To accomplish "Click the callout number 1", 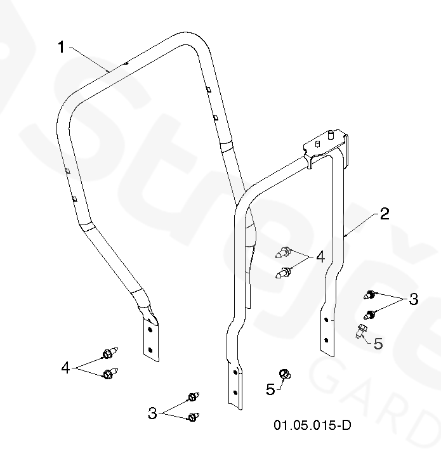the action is [61, 47].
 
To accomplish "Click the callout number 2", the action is [384, 213].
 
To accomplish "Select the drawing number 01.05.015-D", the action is [312, 425].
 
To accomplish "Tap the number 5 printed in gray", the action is [378, 343].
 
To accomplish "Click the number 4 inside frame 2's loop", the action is [320, 257].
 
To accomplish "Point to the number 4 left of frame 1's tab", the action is [65, 367].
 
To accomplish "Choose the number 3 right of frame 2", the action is [413, 299].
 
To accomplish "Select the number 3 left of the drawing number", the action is [152, 413].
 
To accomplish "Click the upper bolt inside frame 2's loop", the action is [284, 253].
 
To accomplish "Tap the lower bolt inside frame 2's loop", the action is [284, 273].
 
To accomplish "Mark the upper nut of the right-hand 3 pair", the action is [369, 294].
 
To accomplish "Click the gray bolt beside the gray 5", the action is [360, 331].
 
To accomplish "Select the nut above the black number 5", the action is [286, 374].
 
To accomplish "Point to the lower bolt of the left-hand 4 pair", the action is [109, 374].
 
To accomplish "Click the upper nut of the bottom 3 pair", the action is [192, 398].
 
